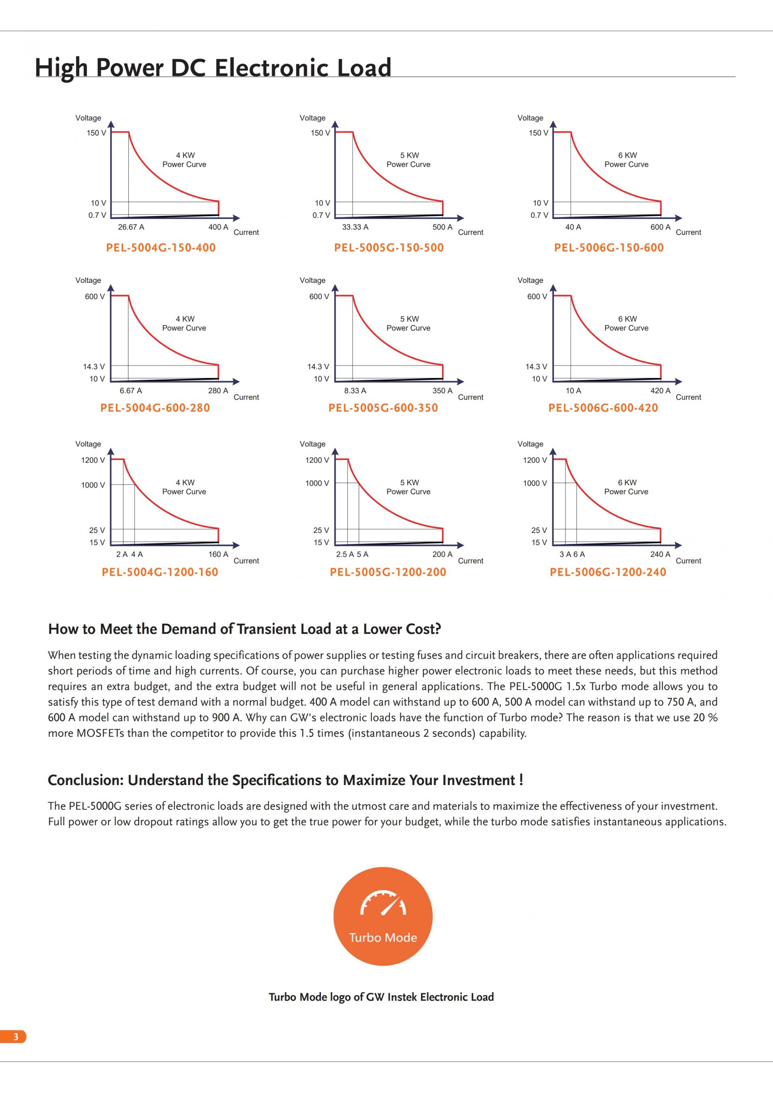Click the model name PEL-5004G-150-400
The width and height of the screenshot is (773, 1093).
pyautogui.click(x=161, y=248)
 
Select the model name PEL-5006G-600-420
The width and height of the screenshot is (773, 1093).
pyautogui.click(x=603, y=408)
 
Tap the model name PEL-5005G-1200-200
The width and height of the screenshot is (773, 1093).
pyautogui.click(x=388, y=572)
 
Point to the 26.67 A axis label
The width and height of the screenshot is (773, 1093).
pyautogui.click(x=131, y=227)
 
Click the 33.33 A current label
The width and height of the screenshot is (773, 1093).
pyautogui.click(x=355, y=227)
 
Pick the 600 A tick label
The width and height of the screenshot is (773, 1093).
pyautogui.click(x=660, y=227)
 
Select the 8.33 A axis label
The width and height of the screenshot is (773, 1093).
pyautogui.click(x=355, y=391)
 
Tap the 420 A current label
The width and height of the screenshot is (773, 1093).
pyautogui.click(x=660, y=391)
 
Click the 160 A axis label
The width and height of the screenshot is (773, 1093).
pyautogui.click(x=218, y=554)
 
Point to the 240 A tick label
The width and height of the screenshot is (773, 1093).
pyautogui.click(x=660, y=554)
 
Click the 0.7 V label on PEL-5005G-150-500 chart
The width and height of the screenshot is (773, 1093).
pyautogui.click(x=321, y=215)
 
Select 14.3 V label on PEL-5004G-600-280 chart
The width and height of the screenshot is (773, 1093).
pyautogui.click(x=94, y=367)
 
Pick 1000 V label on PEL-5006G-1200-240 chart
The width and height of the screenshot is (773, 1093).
pyautogui.click(x=535, y=483)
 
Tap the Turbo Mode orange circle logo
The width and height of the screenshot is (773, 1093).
pyautogui.click(x=383, y=916)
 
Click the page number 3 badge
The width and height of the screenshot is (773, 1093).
pyautogui.click(x=15, y=1036)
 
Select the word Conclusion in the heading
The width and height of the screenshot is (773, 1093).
pyautogui.click(x=86, y=780)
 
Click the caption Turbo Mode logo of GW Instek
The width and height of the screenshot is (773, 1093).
pyautogui.click(x=381, y=997)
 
